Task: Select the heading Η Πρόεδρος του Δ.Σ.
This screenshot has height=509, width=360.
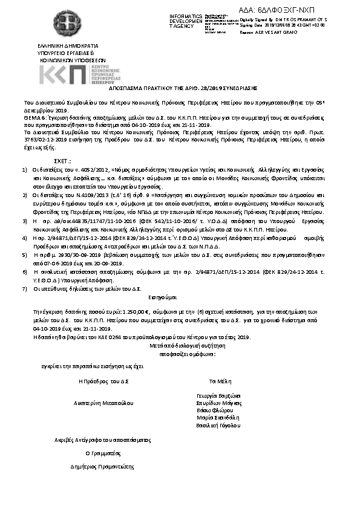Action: tap(99, 381)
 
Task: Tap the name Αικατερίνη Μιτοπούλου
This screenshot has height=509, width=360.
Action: tap(99, 401)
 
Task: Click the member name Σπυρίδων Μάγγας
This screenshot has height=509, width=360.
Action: tap(219, 403)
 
